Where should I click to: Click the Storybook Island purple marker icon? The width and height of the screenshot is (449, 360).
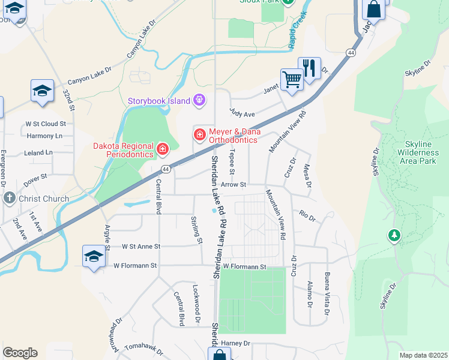[x=199, y=100]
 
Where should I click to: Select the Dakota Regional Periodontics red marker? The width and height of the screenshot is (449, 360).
[x=162, y=148]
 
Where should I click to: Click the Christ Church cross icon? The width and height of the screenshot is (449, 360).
[x=9, y=198]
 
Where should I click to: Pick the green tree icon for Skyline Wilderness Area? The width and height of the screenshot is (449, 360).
[x=394, y=236]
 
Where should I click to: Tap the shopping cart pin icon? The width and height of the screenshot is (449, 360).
[x=292, y=79]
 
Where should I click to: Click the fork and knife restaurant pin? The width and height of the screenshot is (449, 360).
[x=310, y=68]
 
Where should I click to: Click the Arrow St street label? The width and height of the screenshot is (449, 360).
[x=234, y=185]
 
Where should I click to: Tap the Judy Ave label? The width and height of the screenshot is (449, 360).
[x=243, y=113]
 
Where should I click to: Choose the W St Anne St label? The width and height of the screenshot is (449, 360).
[x=141, y=246]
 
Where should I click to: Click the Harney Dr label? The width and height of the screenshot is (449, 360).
[x=235, y=343]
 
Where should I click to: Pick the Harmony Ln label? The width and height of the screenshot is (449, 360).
[x=44, y=136]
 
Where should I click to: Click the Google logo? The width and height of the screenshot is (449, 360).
[x=20, y=352]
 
